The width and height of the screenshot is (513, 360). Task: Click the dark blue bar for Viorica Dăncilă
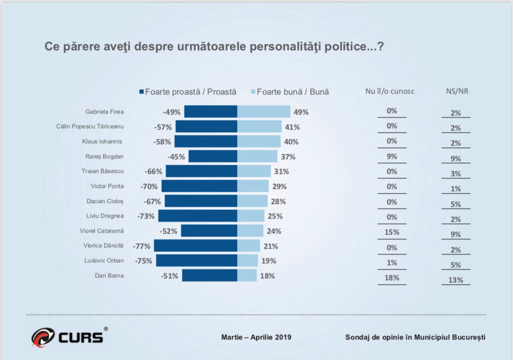click(196, 246)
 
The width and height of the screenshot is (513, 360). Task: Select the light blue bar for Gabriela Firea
click(264, 112)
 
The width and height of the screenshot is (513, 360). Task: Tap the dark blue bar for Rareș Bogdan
click(213, 157)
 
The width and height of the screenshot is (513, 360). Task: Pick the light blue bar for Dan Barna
click(247, 276)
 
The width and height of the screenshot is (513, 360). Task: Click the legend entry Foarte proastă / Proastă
click(188, 92)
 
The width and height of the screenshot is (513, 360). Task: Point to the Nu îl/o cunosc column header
click(390, 91)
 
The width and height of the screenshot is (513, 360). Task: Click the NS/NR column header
click(457, 91)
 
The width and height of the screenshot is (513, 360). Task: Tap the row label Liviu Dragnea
click(105, 216)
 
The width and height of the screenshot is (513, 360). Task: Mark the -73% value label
click(146, 216)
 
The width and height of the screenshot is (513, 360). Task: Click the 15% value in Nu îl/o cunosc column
click(392, 232)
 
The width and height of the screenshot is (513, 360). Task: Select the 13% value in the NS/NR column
click(456, 280)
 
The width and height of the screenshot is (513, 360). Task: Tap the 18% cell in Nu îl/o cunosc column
click(392, 277)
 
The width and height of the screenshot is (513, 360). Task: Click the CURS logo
click(67, 337)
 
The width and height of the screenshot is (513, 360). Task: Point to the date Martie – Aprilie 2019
click(256, 338)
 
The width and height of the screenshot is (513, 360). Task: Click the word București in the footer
click(468, 338)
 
